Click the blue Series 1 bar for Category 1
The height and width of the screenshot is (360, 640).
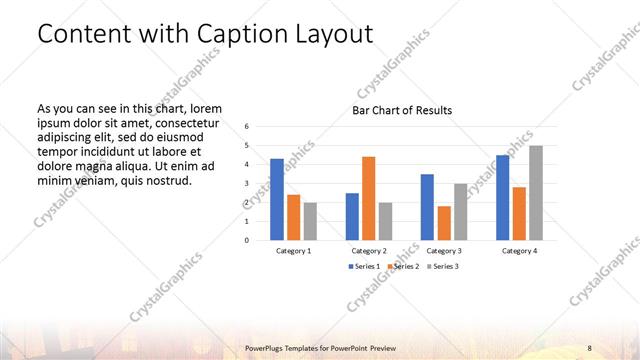(x=277, y=199)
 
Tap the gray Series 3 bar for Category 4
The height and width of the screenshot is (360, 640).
(x=536, y=192)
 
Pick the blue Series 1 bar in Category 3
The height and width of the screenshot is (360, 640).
(x=427, y=207)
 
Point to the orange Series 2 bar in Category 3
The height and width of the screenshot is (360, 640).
(x=444, y=223)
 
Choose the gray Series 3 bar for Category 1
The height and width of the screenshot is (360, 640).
(x=310, y=221)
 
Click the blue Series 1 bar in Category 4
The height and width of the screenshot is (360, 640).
(x=503, y=197)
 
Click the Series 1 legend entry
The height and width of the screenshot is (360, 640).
(x=363, y=265)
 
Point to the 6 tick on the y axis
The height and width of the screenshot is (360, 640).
(x=247, y=127)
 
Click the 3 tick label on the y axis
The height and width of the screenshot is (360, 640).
(x=247, y=183)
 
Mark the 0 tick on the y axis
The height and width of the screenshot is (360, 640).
(x=247, y=240)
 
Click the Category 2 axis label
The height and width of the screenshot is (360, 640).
(x=368, y=250)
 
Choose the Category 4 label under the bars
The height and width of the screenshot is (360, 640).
(x=520, y=250)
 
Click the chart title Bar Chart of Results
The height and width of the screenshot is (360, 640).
(x=402, y=109)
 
